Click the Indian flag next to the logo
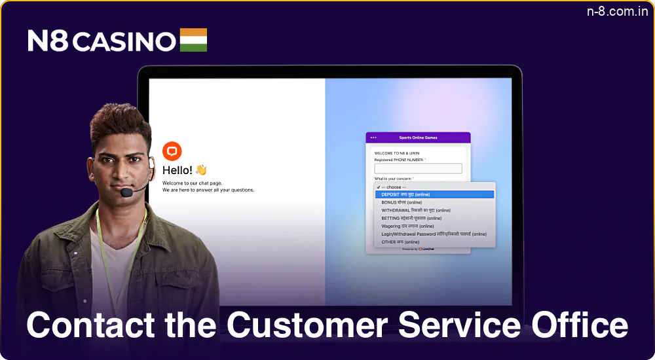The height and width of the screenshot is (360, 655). [193, 40]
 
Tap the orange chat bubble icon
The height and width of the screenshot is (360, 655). [172, 151]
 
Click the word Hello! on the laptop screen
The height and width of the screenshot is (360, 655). [178, 170]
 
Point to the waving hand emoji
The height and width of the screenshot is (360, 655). [201, 170]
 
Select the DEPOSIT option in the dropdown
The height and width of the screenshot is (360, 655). [405, 194]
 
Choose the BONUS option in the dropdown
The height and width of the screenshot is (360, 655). [402, 202]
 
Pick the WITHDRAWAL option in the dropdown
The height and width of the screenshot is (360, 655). [416, 210]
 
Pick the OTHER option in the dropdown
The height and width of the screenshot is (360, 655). [400, 242]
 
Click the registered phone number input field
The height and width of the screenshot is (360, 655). [418, 168]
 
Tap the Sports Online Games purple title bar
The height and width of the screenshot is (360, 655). [418, 137]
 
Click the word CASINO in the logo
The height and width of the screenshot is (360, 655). [124, 41]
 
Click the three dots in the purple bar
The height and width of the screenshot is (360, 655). [373, 137]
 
